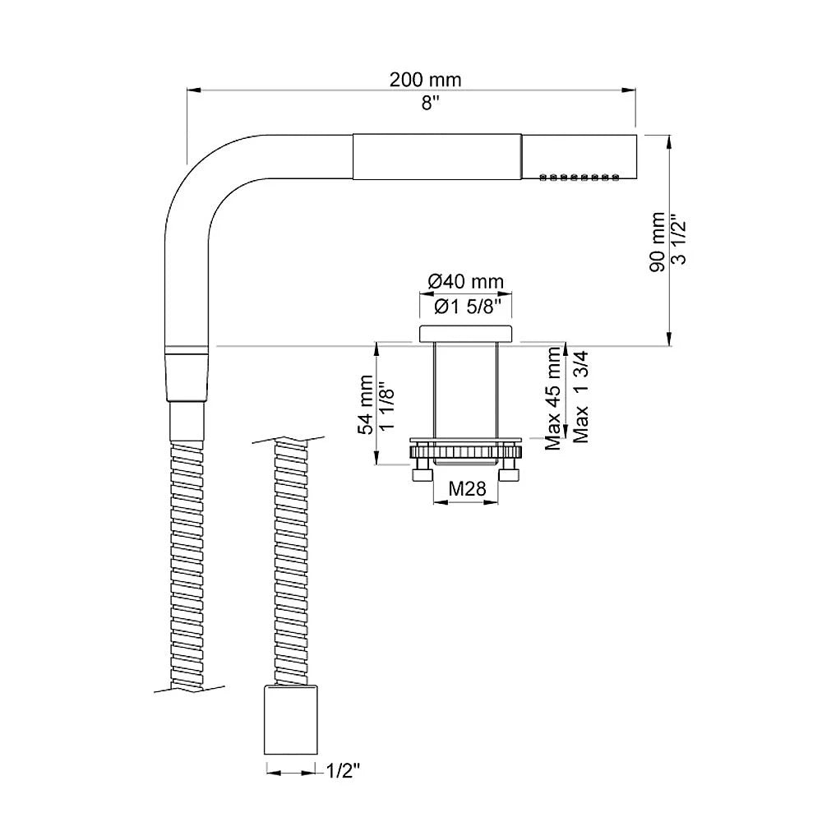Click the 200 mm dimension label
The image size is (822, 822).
click(425, 80)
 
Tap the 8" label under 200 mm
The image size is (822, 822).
click(430, 104)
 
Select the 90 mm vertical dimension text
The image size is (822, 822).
click(658, 242)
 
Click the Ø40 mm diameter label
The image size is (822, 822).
click(465, 281)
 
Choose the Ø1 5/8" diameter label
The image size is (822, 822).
click(465, 306)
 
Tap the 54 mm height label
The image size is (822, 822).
click(366, 404)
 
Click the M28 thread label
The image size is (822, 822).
click(467, 488)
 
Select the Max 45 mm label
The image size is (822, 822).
click(553, 399)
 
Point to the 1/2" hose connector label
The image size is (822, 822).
click(344, 771)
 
